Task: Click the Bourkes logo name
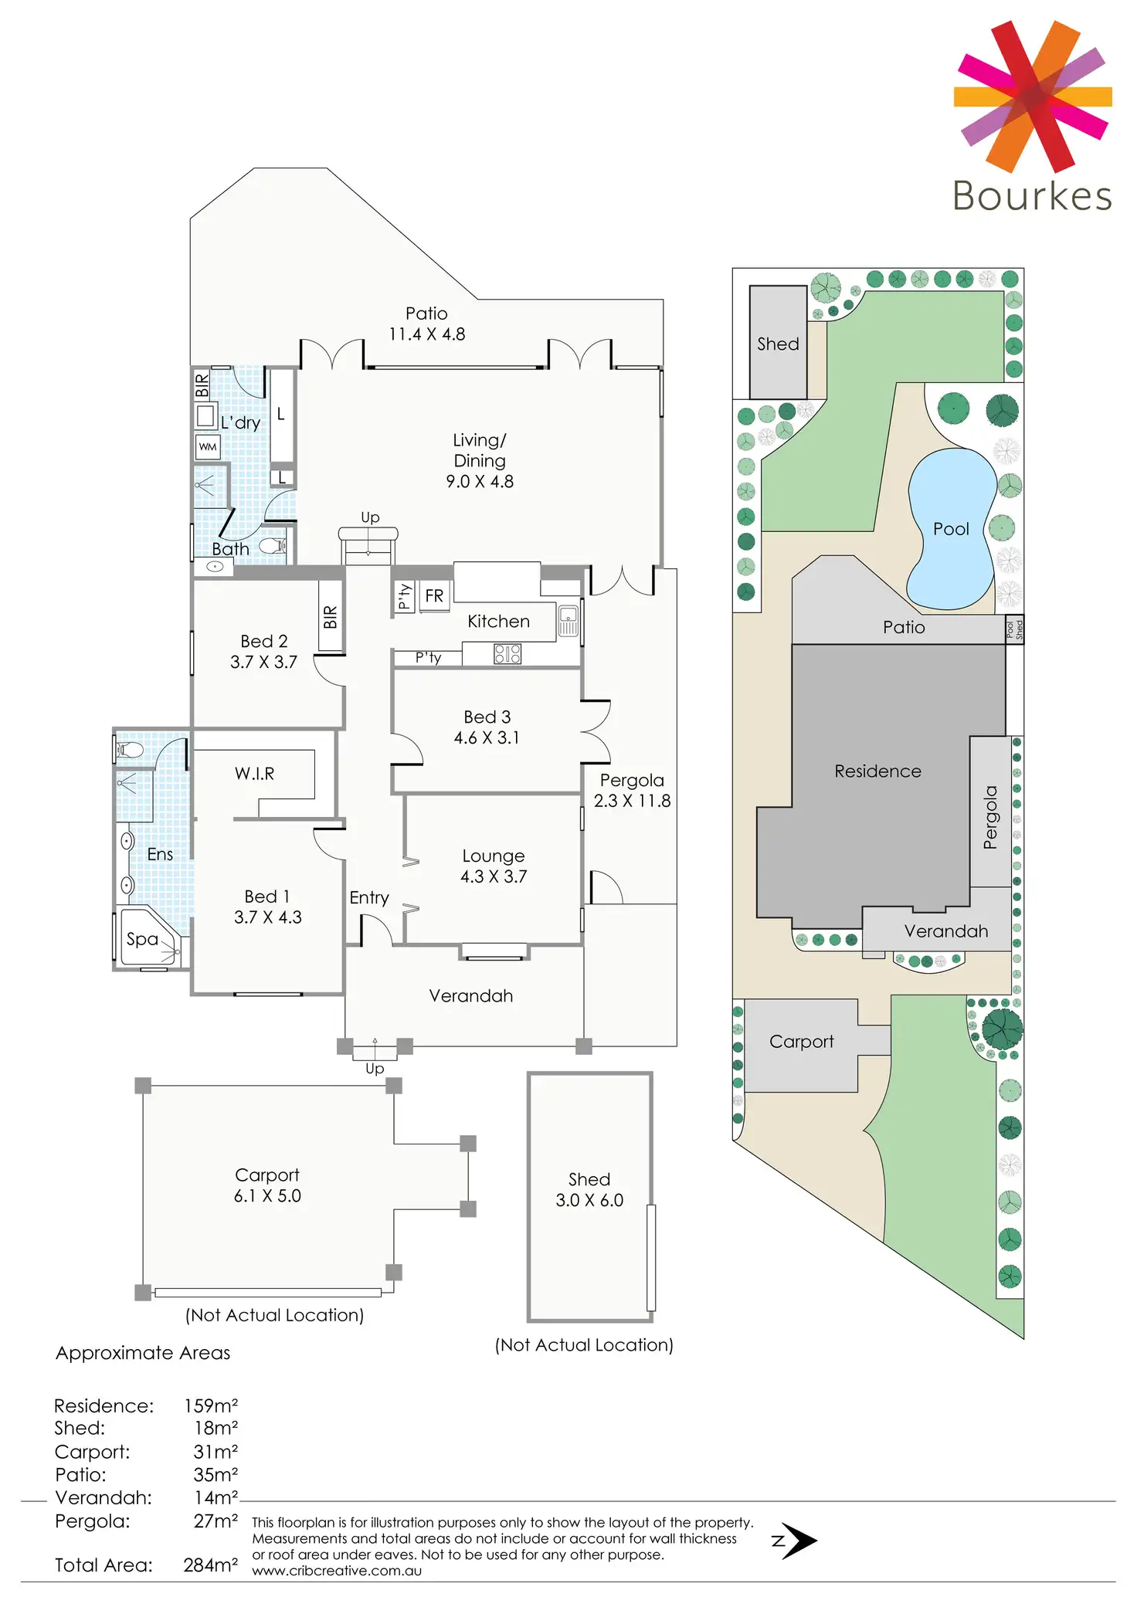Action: click(x=1032, y=196)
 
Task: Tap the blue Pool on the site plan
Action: click(x=951, y=529)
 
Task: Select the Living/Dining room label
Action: click(x=480, y=450)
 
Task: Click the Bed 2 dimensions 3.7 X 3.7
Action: click(x=263, y=663)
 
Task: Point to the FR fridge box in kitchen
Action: click(x=434, y=596)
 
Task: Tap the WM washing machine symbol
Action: click(x=208, y=446)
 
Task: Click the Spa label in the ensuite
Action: click(x=142, y=939)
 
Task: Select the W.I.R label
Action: click(x=254, y=774)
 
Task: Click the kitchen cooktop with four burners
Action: click(x=507, y=655)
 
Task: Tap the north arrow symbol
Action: click(x=797, y=1541)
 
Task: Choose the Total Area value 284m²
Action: click(x=210, y=1565)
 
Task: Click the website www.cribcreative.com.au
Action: click(x=337, y=1571)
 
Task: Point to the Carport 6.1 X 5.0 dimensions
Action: click(x=267, y=1196)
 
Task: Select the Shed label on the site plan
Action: click(x=778, y=344)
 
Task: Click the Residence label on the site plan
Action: click(x=877, y=771)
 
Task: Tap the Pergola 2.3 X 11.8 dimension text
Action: click(x=632, y=802)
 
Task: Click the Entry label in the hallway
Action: click(x=369, y=897)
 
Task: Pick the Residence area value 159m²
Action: click(x=210, y=1405)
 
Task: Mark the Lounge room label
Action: click(x=493, y=856)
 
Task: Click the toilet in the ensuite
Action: click(x=129, y=749)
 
